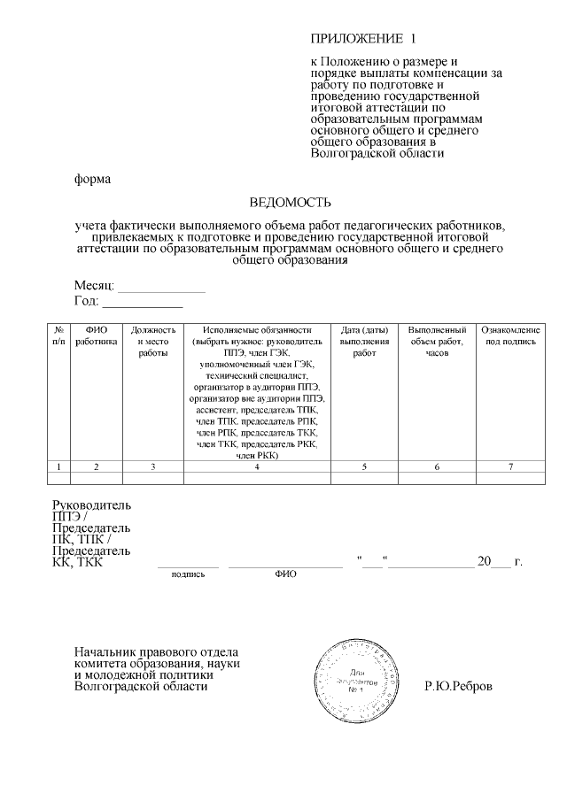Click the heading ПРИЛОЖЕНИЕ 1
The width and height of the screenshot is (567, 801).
pyautogui.click(x=362, y=40)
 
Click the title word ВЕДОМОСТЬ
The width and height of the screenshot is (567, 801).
pyautogui.click(x=283, y=202)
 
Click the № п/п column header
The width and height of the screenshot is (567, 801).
pyautogui.click(x=58, y=335)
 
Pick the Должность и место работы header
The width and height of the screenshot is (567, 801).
pyautogui.click(x=152, y=341)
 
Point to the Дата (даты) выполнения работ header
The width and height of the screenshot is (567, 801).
pyautogui.click(x=364, y=341)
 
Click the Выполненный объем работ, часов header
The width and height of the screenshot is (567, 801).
pyautogui.click(x=436, y=341)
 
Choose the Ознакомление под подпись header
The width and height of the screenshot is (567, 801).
pyautogui.click(x=509, y=335)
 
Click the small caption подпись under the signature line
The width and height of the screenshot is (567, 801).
pyautogui.click(x=188, y=574)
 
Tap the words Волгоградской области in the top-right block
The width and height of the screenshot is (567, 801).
pyautogui.click(x=377, y=153)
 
